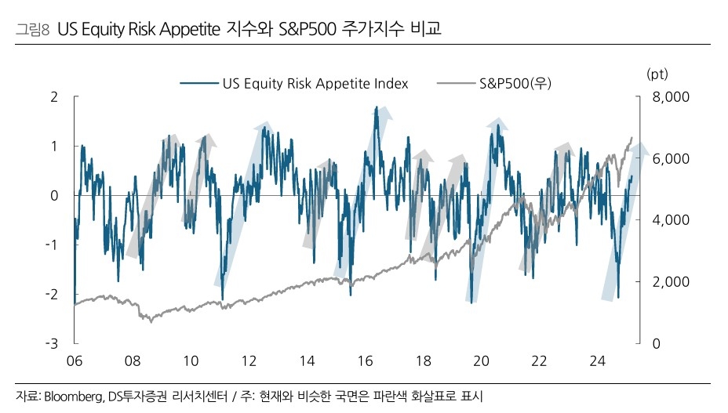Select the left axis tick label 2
tap(54, 97)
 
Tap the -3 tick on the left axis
tap(52, 343)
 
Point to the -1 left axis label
tap(52, 245)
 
